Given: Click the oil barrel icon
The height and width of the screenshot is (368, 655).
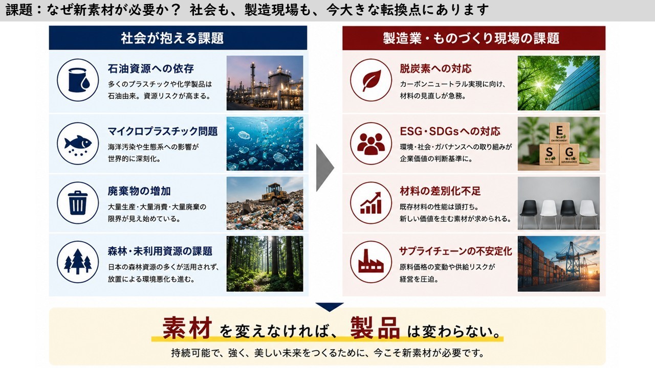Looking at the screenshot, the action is point(78,80).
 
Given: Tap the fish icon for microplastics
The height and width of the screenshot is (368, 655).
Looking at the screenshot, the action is point(78,144).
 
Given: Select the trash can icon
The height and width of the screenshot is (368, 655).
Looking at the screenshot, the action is point(78,203).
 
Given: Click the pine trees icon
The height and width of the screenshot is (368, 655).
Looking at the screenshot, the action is point(78,262).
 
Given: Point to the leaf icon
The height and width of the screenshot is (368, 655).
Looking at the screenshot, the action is point(371,80).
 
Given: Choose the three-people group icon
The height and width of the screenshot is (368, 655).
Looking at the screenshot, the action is point(371,144).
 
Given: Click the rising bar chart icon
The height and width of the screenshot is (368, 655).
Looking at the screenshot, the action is point(371,203).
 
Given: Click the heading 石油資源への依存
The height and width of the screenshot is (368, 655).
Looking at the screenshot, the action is point(150,68).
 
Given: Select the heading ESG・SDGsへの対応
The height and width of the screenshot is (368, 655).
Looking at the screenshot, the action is point(450,131).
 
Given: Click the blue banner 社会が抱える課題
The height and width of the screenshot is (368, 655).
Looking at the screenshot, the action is point(178,38).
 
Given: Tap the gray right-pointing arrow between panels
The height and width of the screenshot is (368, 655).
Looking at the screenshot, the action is point(325,168).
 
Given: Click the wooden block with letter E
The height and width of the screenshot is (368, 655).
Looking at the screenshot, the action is point(559,133).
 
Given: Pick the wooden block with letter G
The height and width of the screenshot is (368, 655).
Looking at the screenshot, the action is point(569,154).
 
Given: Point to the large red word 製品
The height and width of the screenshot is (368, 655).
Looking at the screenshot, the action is point(375,328).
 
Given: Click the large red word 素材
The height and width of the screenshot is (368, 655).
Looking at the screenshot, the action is point(187,328).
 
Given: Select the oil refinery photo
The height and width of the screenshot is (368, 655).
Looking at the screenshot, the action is point(265,83).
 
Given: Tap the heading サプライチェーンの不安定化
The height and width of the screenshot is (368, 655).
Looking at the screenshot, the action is point(455,251).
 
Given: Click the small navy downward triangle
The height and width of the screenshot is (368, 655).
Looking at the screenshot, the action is point(330,306).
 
